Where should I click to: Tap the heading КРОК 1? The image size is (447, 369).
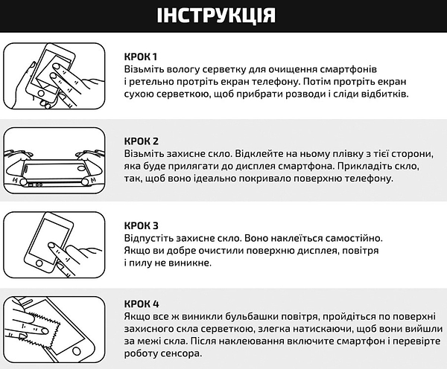pyautogui.click(x=142, y=56)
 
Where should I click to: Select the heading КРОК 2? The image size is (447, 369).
pyautogui.click(x=142, y=141)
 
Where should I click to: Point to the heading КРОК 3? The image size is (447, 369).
pyautogui.click(x=142, y=225)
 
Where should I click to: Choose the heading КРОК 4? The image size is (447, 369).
pyautogui.click(x=142, y=304)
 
